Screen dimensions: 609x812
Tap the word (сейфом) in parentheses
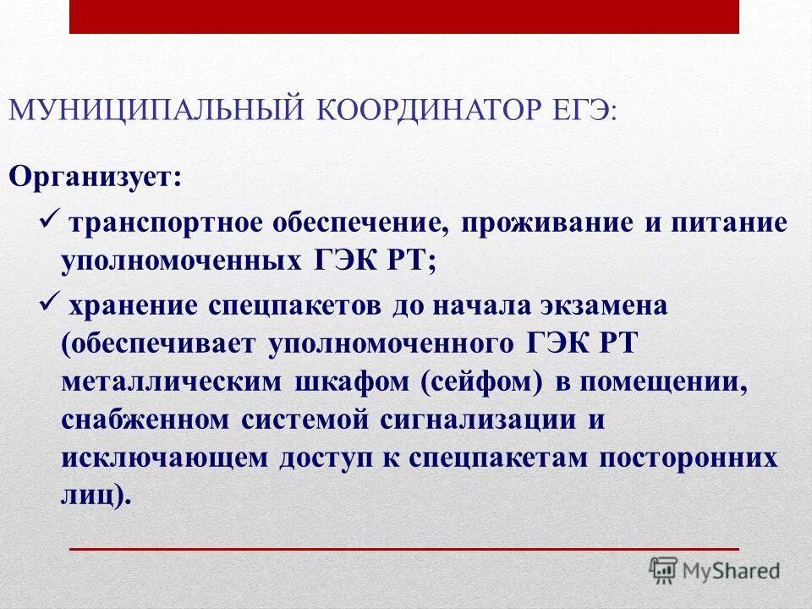tap(480, 381)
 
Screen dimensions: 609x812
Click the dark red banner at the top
tap(404, 17)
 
